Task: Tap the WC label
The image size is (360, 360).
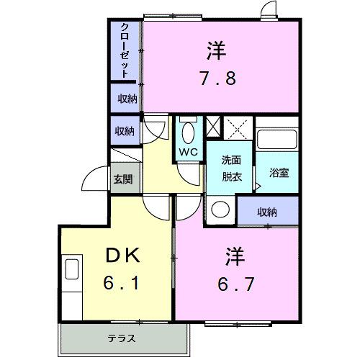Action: pyautogui.click(x=188, y=152)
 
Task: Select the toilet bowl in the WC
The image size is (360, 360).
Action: pyautogui.click(x=189, y=133)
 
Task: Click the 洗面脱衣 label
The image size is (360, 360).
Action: pyautogui.click(x=230, y=168)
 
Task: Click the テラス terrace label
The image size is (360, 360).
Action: pyautogui.click(x=122, y=338)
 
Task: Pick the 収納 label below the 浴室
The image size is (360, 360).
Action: pyautogui.click(x=267, y=212)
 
